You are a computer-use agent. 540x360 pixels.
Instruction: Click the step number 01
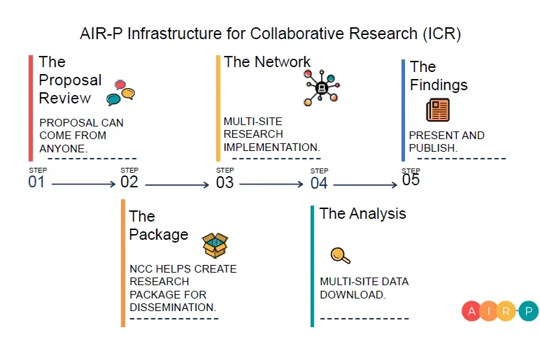(x=36, y=182)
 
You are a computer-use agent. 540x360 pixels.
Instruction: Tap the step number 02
(x=129, y=182)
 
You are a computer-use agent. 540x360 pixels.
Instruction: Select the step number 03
(x=225, y=182)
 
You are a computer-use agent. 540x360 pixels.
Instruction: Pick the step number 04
(x=319, y=182)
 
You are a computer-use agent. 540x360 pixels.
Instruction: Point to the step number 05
(x=411, y=180)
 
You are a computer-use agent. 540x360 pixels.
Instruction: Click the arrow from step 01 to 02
(x=83, y=184)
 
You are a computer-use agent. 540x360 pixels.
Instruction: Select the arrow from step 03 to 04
(x=272, y=184)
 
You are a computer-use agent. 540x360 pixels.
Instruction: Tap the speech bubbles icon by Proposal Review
(x=120, y=93)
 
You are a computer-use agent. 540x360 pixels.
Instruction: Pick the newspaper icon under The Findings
(x=438, y=110)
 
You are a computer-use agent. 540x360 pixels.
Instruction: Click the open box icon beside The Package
(x=215, y=245)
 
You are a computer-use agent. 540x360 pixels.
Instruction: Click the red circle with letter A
(x=471, y=311)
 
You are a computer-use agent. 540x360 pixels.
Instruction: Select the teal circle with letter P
(x=529, y=311)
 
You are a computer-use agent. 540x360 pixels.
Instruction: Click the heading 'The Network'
(x=267, y=62)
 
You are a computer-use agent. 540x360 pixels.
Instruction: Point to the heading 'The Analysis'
(x=362, y=213)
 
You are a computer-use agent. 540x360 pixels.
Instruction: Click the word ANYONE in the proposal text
(x=62, y=147)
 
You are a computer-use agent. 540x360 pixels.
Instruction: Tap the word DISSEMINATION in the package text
(x=173, y=306)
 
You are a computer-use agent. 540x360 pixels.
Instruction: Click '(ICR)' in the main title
(x=441, y=34)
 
